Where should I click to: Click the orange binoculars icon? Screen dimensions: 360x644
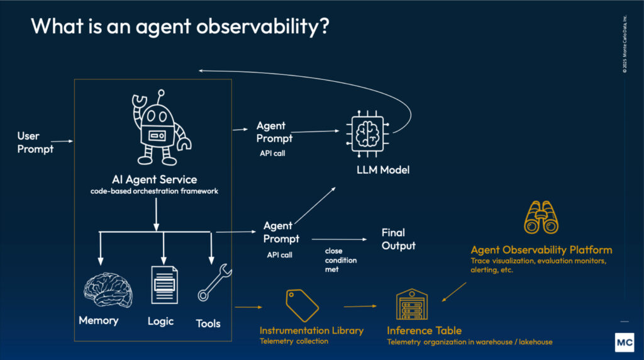541,218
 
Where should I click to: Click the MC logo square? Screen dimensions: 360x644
623,340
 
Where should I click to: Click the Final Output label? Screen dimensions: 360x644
398,239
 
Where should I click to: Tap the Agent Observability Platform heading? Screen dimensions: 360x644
541,250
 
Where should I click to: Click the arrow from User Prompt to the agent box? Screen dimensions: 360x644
61,142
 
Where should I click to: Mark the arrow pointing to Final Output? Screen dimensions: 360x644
340,240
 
